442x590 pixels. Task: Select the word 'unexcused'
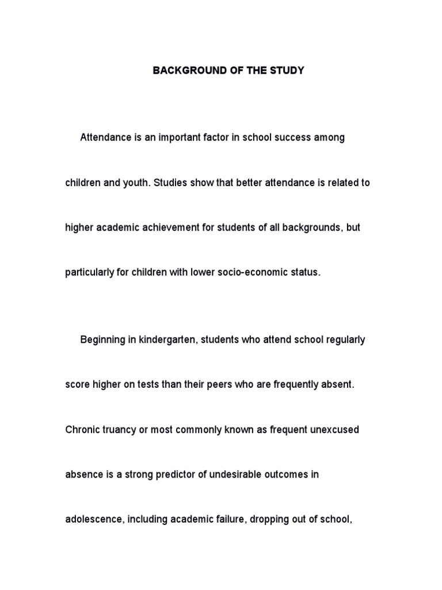333,430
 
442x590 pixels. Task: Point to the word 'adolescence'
93,519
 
